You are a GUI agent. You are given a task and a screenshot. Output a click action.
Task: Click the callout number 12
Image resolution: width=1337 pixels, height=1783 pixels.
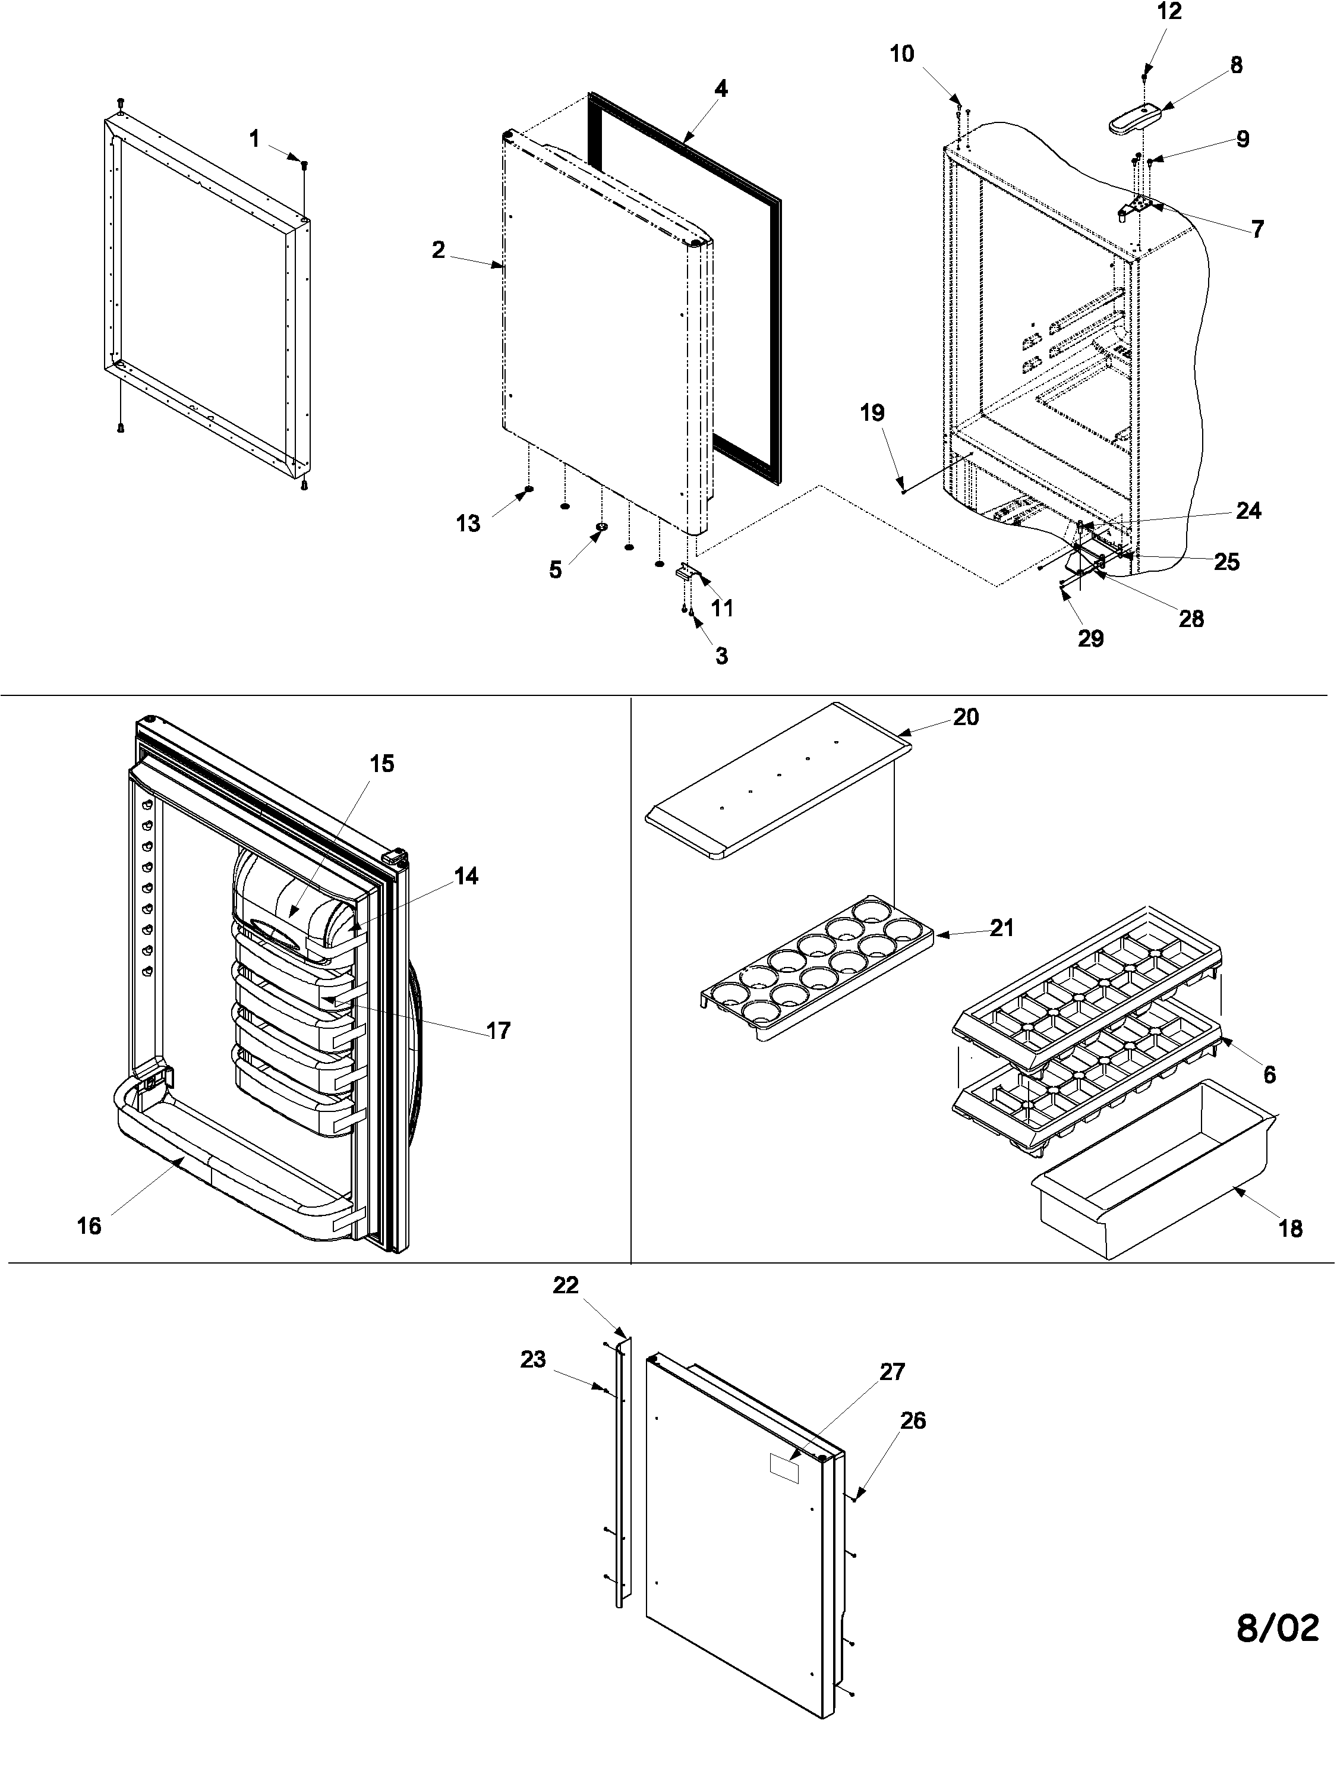pyautogui.click(x=1169, y=11)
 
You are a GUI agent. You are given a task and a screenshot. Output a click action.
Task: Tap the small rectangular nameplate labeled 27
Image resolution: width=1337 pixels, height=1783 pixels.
pyautogui.click(x=783, y=1469)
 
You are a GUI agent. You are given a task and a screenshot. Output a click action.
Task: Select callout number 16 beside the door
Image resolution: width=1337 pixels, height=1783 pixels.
pyautogui.click(x=90, y=1226)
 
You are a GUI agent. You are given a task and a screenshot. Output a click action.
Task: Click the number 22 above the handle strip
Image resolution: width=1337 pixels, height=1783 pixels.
pyautogui.click(x=566, y=1286)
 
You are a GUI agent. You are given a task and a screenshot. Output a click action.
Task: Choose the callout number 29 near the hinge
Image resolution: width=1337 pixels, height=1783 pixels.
pyautogui.click(x=1090, y=638)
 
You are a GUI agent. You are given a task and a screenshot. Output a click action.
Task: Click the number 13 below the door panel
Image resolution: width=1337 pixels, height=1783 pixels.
pyautogui.click(x=468, y=524)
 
